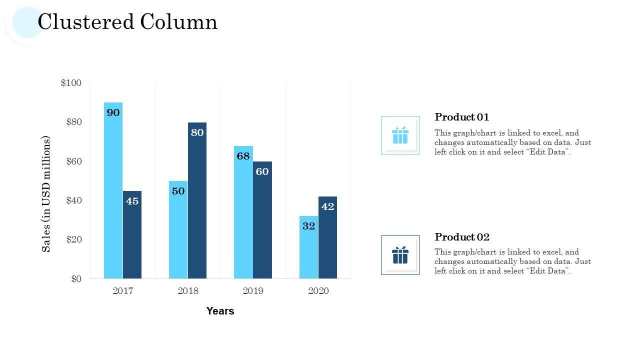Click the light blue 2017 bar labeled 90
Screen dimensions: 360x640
[x=113, y=190]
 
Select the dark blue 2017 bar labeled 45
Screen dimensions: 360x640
[x=132, y=234]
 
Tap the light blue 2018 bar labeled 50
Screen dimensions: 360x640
[x=178, y=229]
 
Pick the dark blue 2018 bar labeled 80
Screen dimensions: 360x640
[x=197, y=200]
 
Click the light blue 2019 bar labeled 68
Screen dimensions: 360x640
[x=243, y=212]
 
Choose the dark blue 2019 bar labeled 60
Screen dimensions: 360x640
[x=262, y=220]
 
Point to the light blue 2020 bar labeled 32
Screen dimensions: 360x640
[x=308, y=247]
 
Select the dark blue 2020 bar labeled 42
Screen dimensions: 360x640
[x=327, y=237]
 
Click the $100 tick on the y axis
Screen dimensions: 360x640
[x=71, y=83]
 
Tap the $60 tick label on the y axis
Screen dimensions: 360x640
[x=73, y=161]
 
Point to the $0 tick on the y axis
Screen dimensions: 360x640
[x=76, y=279]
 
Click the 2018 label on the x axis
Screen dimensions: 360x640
[x=188, y=291]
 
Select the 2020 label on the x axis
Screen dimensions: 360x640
[x=318, y=291]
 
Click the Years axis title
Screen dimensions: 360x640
[x=220, y=311]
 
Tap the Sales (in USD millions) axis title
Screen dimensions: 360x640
[x=46, y=194]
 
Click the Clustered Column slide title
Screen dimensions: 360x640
[x=127, y=22]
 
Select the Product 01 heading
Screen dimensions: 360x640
[x=462, y=117]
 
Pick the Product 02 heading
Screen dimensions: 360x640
[x=462, y=237]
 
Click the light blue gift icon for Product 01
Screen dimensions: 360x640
[x=400, y=135]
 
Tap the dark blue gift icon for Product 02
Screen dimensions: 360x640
[x=400, y=255]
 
